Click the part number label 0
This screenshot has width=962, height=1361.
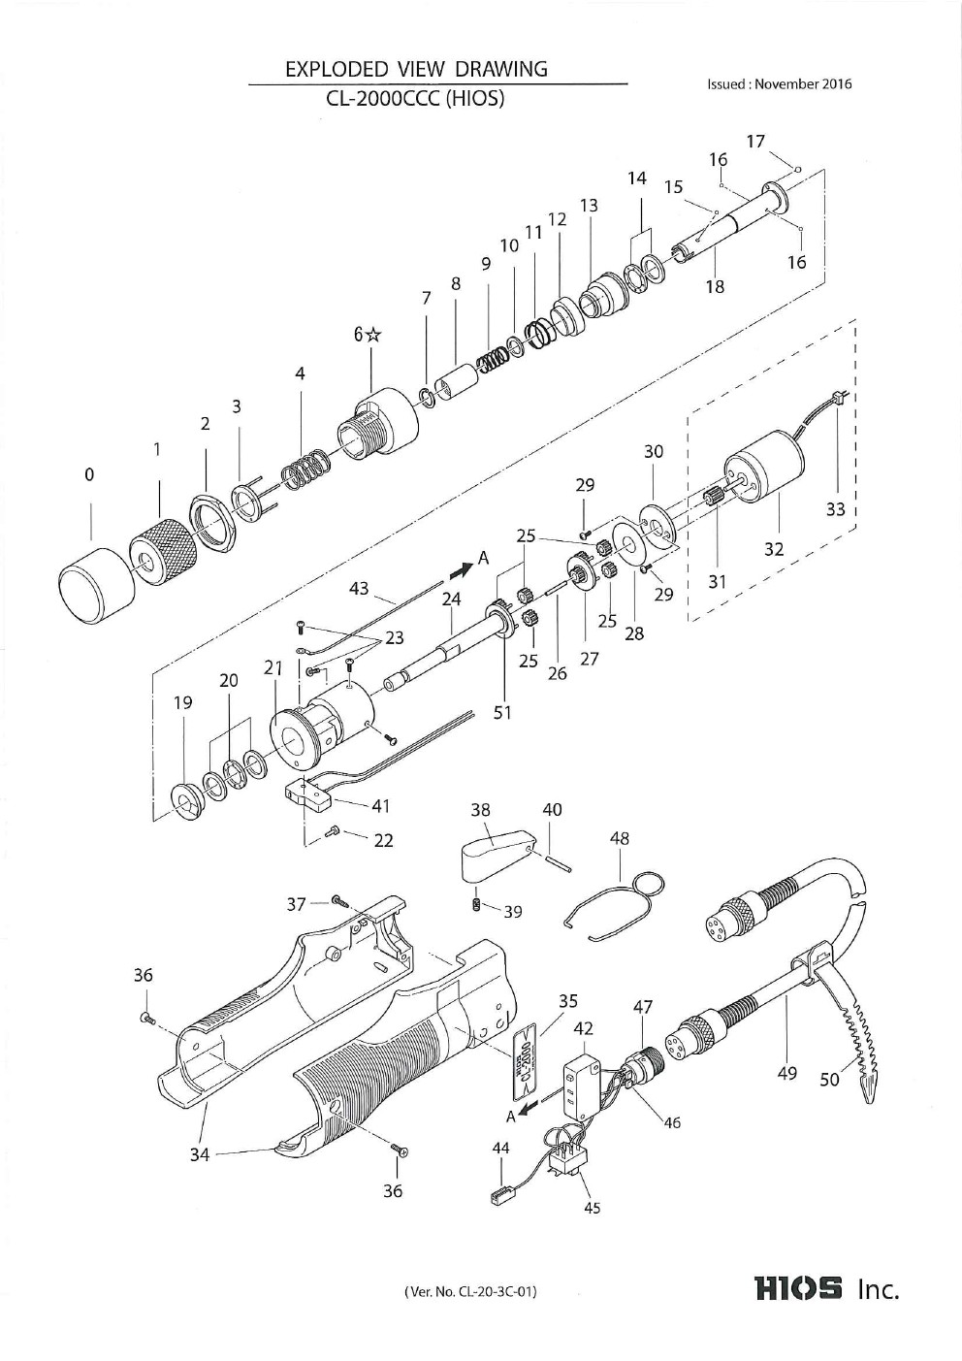point(89,474)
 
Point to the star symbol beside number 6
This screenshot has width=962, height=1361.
point(374,335)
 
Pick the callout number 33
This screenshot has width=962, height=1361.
point(836,508)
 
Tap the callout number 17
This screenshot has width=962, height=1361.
point(756,142)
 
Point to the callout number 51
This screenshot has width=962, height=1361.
point(502,712)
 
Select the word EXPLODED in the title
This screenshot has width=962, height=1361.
point(337,69)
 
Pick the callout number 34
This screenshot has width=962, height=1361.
point(199,1154)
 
